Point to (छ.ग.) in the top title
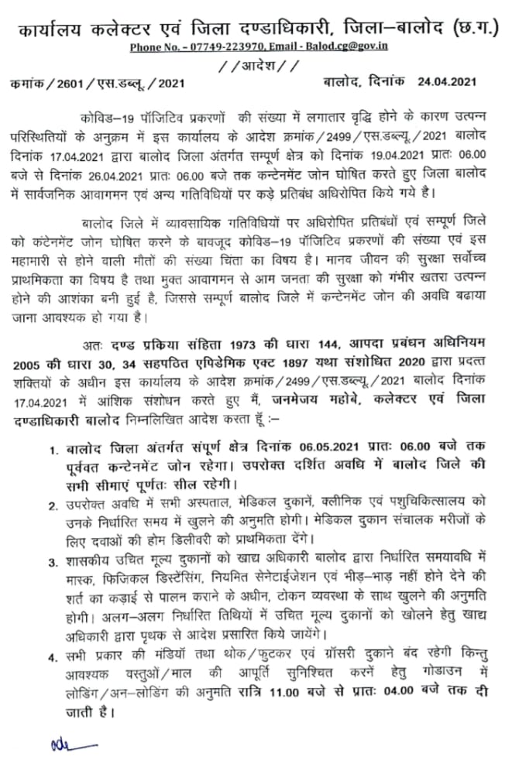(474, 29)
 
